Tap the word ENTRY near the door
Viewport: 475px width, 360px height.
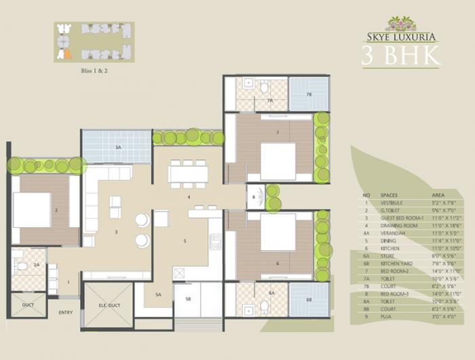[66, 313]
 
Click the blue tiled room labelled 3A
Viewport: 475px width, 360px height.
[117, 146]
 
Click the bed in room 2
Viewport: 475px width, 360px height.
[32, 210]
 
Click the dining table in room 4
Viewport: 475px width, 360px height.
[188, 174]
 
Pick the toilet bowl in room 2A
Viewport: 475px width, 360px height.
[22, 265]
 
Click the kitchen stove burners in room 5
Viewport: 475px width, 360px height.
[216, 241]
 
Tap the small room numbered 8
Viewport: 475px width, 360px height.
[254, 197]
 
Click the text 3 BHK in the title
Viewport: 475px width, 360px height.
[401, 56]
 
